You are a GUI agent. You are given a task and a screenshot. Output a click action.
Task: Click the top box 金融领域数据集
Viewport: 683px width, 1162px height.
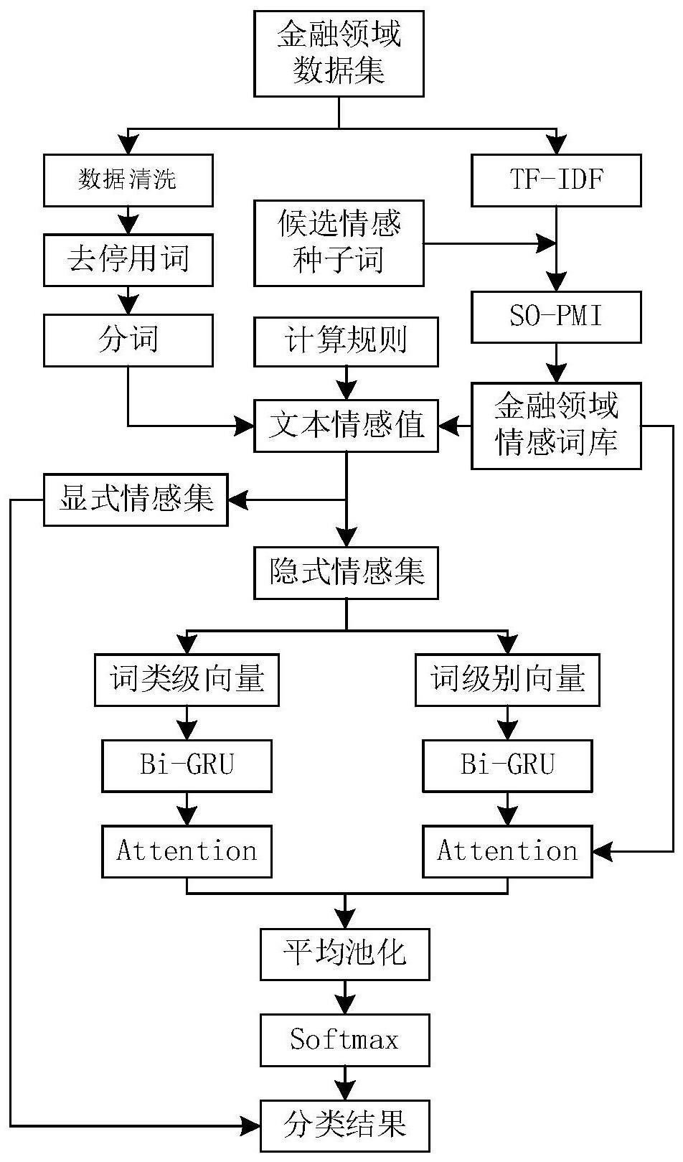pyautogui.click(x=339, y=54)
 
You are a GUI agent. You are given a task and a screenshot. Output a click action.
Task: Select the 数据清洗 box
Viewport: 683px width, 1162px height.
pyautogui.click(x=128, y=180)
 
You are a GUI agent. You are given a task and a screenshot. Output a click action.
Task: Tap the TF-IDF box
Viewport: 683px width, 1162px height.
pyautogui.click(x=556, y=180)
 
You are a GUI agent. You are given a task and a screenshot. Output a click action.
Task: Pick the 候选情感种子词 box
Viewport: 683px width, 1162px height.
pyautogui.click(x=339, y=243)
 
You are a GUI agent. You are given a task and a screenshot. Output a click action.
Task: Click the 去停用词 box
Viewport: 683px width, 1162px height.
pyautogui.click(x=128, y=259)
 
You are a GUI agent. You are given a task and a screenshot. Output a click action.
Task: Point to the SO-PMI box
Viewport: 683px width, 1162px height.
pyautogui.click(x=556, y=317)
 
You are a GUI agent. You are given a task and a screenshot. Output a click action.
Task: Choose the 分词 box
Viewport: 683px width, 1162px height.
pyautogui.click(x=128, y=339)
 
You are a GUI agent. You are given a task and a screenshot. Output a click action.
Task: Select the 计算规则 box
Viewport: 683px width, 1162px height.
pyautogui.click(x=346, y=339)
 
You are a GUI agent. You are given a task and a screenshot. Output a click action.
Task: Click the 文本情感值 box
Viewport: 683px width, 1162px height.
pyautogui.click(x=346, y=426)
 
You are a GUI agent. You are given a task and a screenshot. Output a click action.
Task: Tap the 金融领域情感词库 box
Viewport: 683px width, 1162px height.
pyautogui.click(x=556, y=426)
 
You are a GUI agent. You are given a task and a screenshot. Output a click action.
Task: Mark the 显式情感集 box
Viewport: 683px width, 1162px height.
pyautogui.click(x=136, y=500)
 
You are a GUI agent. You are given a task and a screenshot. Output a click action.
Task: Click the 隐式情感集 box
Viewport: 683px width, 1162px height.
pyautogui.click(x=346, y=573)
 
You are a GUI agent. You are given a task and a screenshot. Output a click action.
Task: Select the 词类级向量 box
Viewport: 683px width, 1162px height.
pyautogui.click(x=187, y=679)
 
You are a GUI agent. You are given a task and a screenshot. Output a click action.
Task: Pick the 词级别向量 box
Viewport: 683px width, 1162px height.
pyautogui.click(x=507, y=679)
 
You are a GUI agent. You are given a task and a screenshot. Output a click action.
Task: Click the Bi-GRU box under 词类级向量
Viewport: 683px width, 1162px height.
pyautogui.click(x=187, y=766)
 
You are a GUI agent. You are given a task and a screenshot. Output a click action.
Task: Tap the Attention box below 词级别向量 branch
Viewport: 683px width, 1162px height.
pyautogui.click(x=507, y=852)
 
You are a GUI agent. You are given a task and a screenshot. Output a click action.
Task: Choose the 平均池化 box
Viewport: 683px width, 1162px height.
pyautogui.click(x=344, y=955)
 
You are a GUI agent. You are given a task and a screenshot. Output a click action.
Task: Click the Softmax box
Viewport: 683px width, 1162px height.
pyautogui.click(x=344, y=1040)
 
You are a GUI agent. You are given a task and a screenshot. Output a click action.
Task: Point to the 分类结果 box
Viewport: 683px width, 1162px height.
pyautogui.click(x=344, y=1125)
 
